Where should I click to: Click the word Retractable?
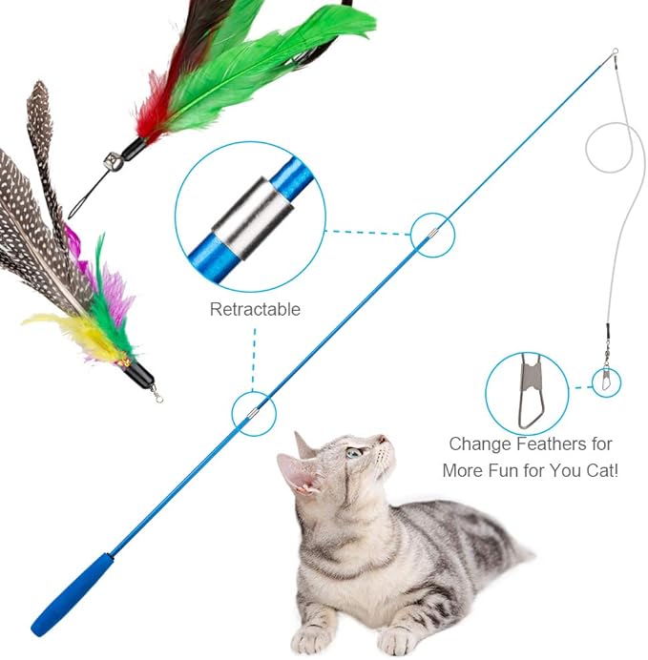[x=255, y=309]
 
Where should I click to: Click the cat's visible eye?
[x=353, y=452]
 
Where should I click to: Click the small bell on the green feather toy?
[x=113, y=166]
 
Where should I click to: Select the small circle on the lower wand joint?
[x=253, y=413]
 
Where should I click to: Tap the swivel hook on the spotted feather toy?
[x=156, y=392]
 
